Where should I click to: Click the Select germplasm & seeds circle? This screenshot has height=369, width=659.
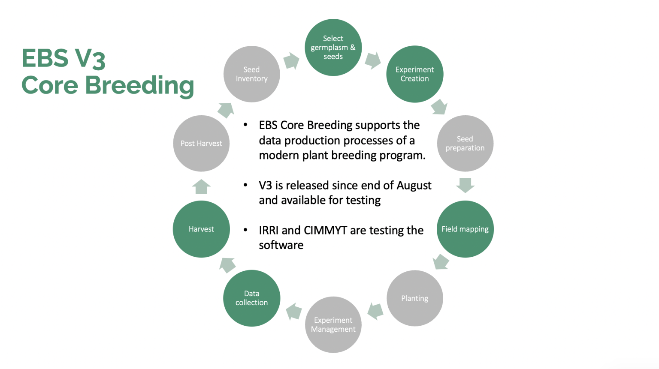(333, 48)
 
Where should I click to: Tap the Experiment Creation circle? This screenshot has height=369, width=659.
(414, 74)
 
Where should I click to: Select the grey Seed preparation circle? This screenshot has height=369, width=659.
(465, 143)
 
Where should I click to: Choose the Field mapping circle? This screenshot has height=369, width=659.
(465, 229)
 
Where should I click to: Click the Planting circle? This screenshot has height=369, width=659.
(414, 298)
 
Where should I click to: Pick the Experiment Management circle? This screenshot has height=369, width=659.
(333, 324)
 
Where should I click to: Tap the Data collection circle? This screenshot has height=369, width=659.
(251, 298)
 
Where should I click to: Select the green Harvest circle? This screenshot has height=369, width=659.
(201, 229)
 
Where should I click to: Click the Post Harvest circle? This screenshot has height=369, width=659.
(201, 143)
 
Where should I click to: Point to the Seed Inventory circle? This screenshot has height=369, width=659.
(251, 74)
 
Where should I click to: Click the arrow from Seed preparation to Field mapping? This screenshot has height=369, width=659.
(465, 185)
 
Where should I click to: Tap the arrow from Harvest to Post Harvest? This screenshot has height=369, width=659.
(201, 187)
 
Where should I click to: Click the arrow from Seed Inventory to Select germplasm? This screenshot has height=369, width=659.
(291, 60)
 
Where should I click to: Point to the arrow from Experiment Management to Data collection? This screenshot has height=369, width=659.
(294, 311)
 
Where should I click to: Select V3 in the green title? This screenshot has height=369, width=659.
(90, 59)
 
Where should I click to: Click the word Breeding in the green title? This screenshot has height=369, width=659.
(139, 85)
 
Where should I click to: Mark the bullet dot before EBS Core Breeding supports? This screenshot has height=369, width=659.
(245, 125)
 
